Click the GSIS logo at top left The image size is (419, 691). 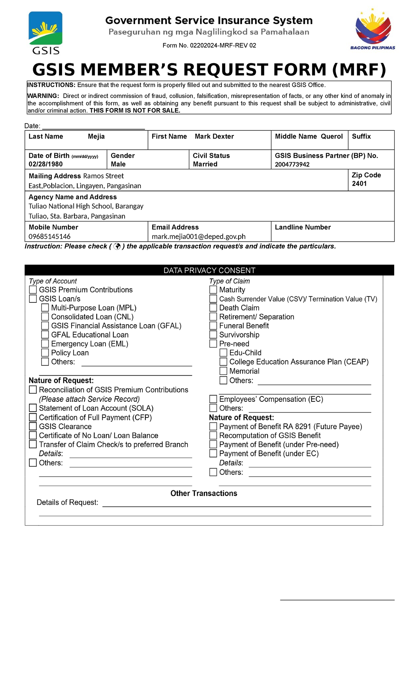click(x=45, y=33)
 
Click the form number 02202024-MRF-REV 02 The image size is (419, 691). click(x=209, y=45)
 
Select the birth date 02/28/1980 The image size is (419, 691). click(x=46, y=164)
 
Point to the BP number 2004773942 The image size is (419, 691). click(x=292, y=164)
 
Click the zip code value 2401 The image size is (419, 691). click(x=359, y=184)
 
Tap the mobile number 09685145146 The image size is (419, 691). click(x=50, y=236)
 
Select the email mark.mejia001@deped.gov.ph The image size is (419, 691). click(x=199, y=236)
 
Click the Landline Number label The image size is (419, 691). click(x=303, y=227)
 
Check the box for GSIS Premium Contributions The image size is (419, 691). click(x=33, y=290)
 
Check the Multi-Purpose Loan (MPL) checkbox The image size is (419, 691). click(x=45, y=308)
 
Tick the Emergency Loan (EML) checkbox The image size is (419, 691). click(x=45, y=344)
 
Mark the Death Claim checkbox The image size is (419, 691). click(x=213, y=308)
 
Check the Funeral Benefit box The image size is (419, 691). click(x=213, y=326)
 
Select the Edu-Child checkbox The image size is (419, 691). click(x=223, y=352)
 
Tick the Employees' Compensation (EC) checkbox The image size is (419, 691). click(x=213, y=399)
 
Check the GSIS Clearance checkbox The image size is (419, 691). click(x=33, y=426)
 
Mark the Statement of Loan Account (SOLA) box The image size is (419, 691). click(x=33, y=408)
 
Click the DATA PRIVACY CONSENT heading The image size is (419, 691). click(x=209, y=270)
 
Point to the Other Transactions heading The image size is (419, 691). click(x=204, y=493)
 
